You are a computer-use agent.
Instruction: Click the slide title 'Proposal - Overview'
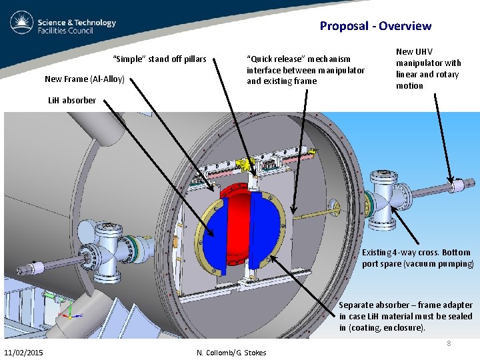[375, 26]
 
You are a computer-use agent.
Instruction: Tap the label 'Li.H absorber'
[71, 101]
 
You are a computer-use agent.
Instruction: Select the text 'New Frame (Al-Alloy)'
[85, 79]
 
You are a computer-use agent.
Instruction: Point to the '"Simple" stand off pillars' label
[160, 59]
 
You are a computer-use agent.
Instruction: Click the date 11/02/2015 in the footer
[25, 352]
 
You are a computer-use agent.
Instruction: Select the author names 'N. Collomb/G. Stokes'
[231, 353]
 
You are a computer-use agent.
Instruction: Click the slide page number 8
[449, 343]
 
